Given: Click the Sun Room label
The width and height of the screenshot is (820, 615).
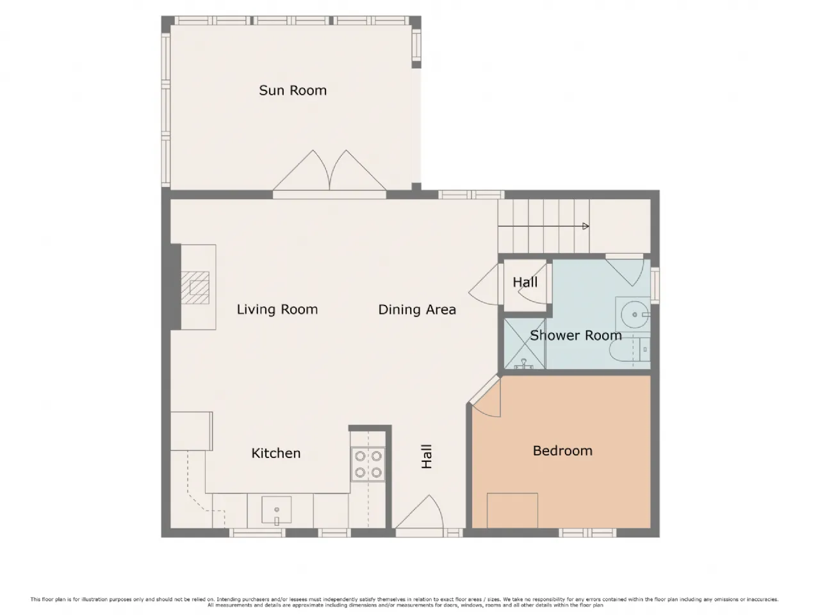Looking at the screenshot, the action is click(293, 90).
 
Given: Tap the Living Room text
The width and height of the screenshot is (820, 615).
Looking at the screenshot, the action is click(277, 309).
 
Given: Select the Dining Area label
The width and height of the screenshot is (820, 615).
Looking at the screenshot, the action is click(417, 309).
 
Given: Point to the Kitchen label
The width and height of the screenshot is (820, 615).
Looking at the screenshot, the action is click(275, 453).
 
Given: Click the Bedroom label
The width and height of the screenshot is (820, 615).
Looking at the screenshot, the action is click(562, 451).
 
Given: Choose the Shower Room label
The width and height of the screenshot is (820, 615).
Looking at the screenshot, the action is click(576, 335).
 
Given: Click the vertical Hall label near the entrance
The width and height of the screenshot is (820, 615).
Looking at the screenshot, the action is click(426, 456).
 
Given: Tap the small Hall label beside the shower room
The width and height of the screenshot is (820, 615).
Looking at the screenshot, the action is click(525, 283).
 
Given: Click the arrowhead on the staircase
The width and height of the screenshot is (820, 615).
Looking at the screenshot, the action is click(586, 226).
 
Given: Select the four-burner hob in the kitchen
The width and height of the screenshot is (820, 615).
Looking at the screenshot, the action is click(368, 464).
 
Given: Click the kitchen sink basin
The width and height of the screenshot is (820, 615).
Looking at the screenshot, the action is click(277, 509).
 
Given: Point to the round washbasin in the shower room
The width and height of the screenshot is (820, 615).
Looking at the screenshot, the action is click(634, 315).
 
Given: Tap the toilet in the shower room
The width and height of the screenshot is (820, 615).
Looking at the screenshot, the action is click(630, 350).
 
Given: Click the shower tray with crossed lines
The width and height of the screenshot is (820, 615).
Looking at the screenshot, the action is click(524, 343).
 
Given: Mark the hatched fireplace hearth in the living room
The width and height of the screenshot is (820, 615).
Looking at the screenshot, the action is click(195, 288).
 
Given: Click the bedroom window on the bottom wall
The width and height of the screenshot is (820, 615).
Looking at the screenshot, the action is click(587, 533).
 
